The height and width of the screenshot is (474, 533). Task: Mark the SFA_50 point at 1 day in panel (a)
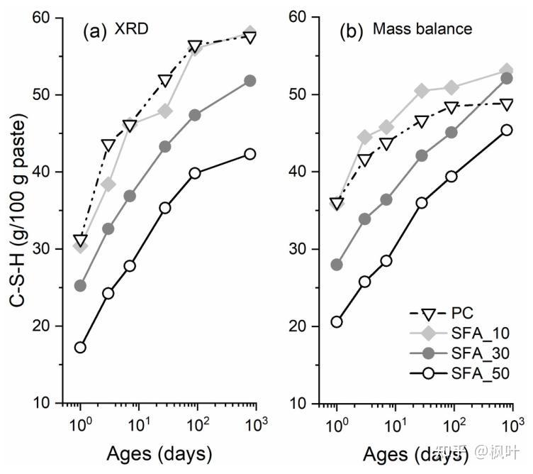[80, 347]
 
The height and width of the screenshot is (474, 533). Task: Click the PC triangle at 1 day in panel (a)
[80, 241]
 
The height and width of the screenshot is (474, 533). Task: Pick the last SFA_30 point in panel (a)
[249, 81]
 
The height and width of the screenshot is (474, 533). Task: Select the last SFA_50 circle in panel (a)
[249, 154]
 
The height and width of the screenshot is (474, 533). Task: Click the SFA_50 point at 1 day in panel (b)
[337, 321]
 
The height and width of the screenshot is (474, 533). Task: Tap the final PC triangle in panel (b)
[506, 104]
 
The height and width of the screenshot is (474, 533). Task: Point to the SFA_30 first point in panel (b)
[337, 265]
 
